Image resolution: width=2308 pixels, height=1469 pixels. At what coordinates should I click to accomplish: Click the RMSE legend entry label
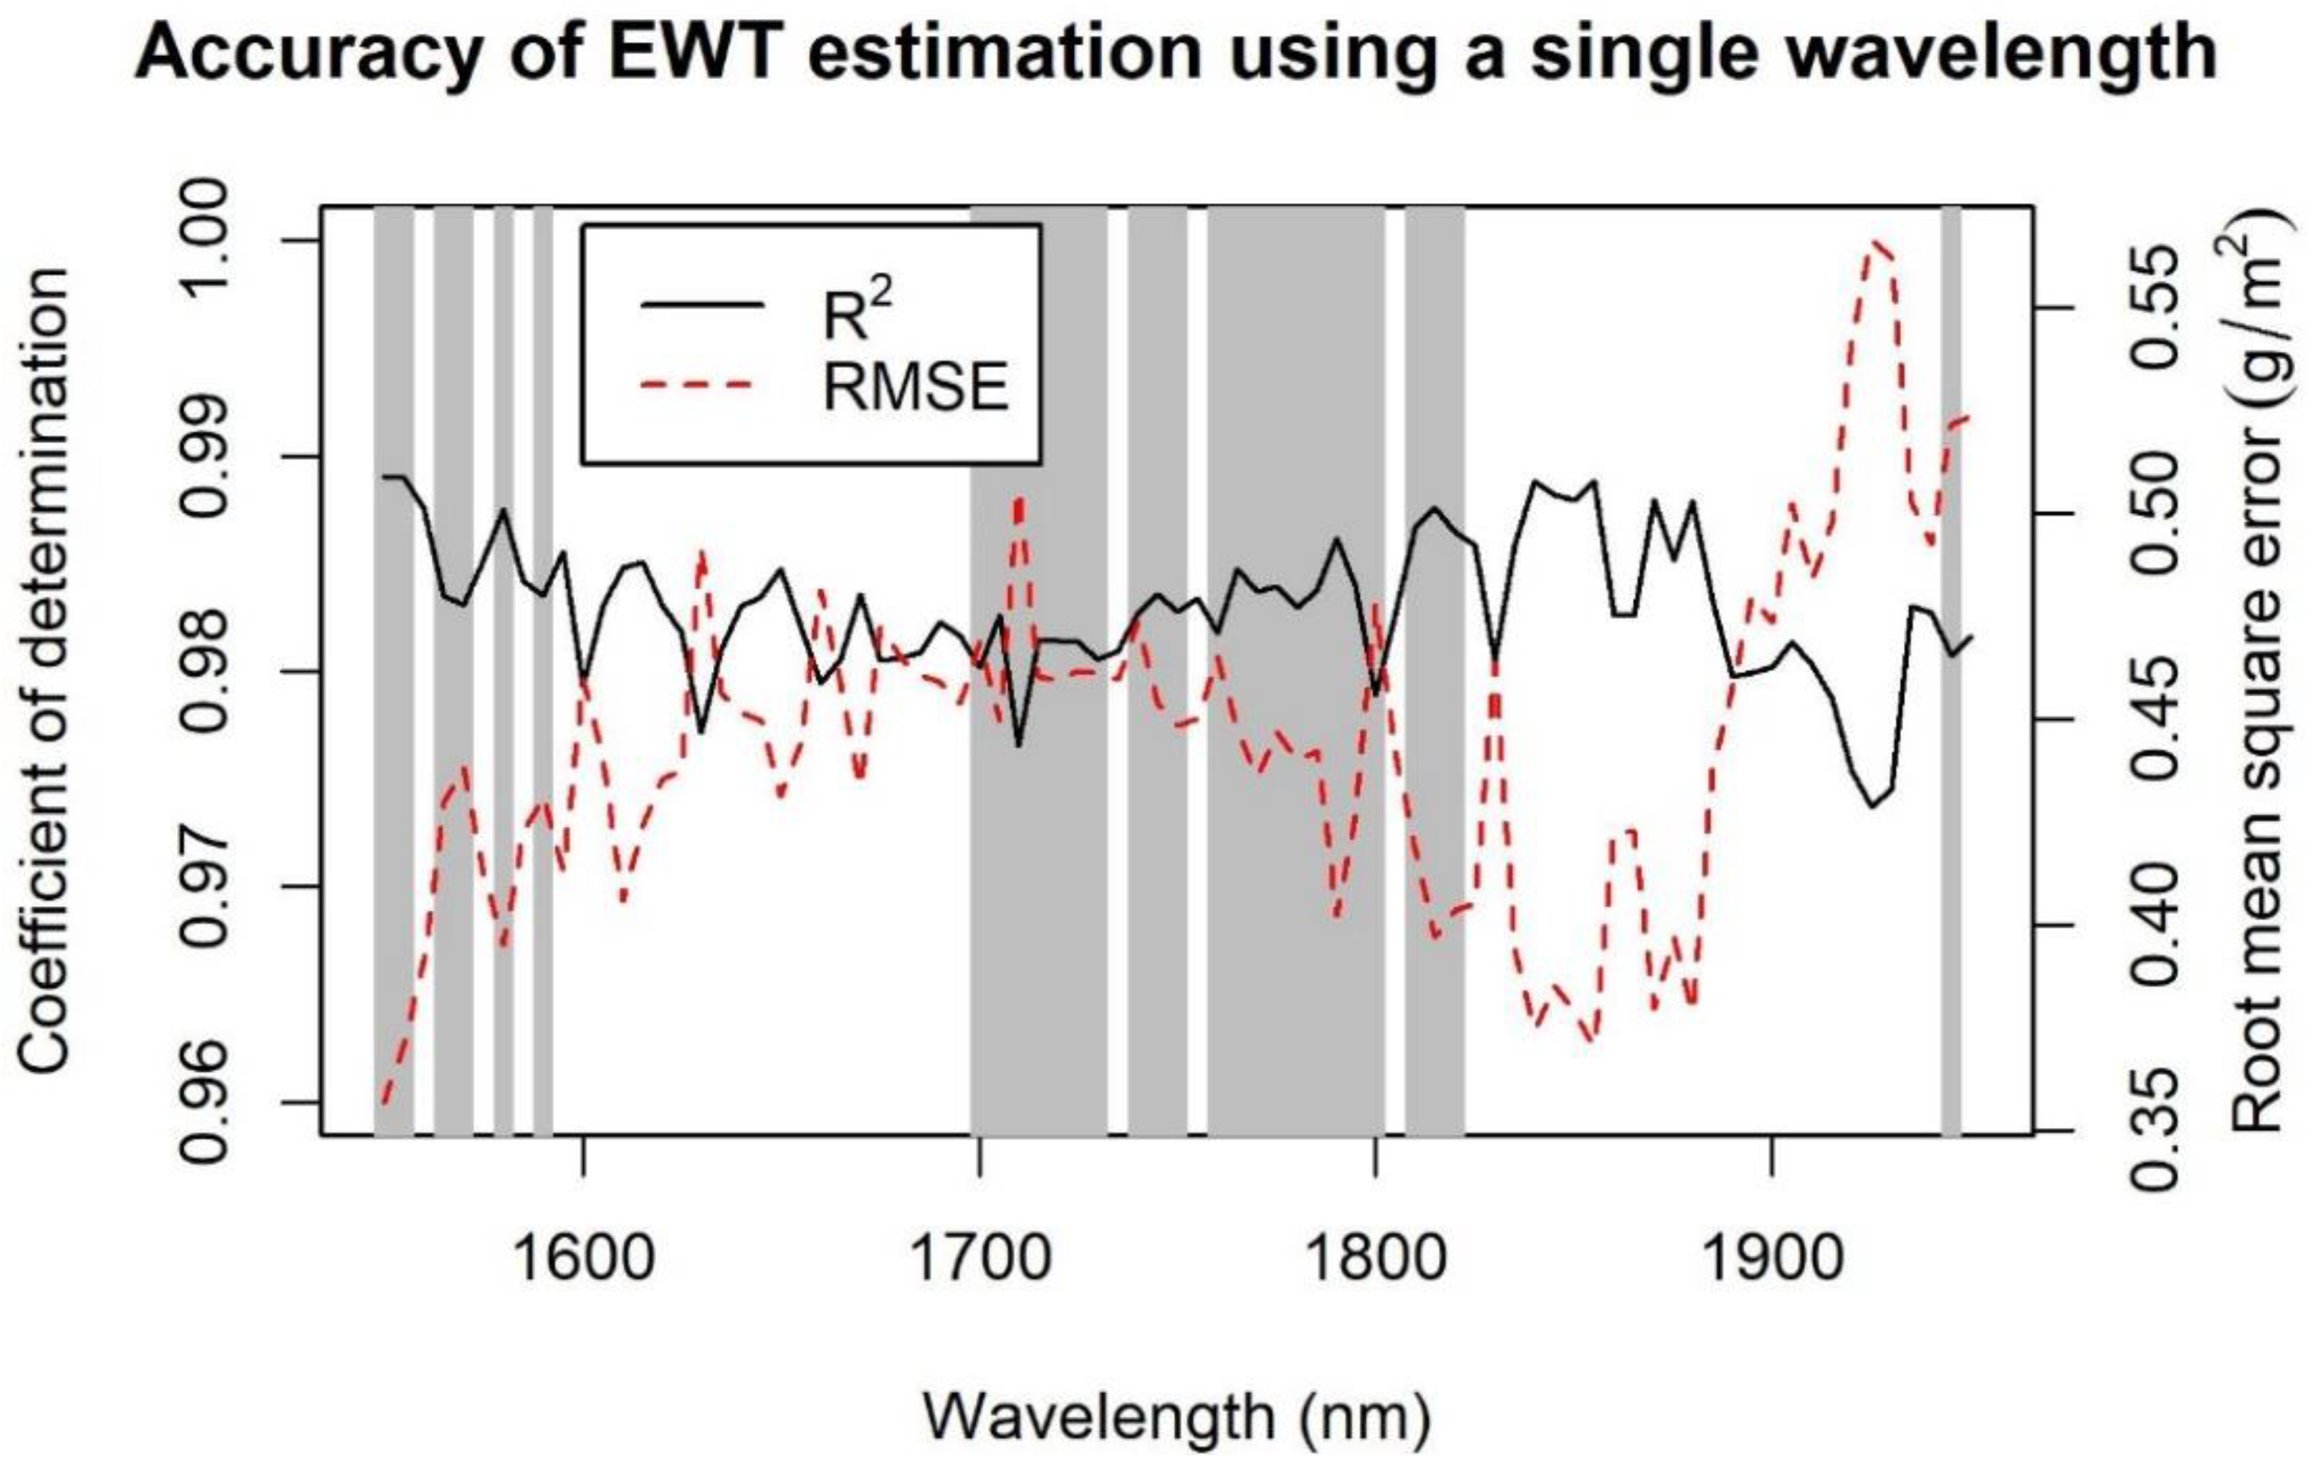[x=915, y=389]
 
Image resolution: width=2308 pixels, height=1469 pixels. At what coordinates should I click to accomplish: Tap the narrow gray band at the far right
[x=1951, y=671]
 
